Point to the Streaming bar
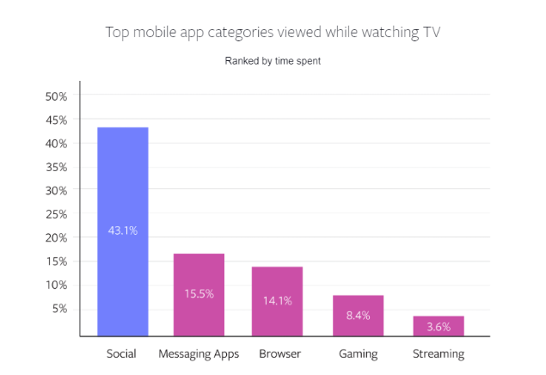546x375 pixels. click(439, 326)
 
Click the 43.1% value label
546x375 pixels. click(122, 231)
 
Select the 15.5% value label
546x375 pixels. click(199, 293)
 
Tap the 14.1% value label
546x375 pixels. click(277, 300)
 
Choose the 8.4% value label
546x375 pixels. click(358, 316)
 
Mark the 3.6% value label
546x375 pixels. click(439, 328)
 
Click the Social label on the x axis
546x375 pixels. click(122, 353)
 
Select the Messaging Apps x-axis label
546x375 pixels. click(199, 353)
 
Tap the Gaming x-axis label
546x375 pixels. click(358, 353)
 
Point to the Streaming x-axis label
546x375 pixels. click(439, 353)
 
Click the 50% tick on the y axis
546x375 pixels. click(56, 96)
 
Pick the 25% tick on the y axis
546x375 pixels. click(56, 213)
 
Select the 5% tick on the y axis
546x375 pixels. click(59, 308)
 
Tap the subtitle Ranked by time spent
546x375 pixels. click(273, 61)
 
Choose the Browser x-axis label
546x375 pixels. click(277, 353)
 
